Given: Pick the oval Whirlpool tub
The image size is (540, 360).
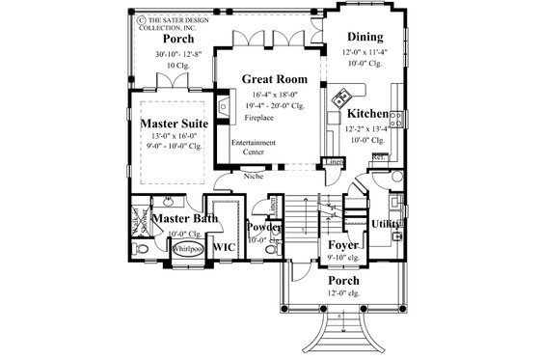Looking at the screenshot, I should coord(187,248).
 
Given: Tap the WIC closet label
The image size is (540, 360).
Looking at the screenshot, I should coord(224,248).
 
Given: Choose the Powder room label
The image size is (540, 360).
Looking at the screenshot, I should coord(264,228).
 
